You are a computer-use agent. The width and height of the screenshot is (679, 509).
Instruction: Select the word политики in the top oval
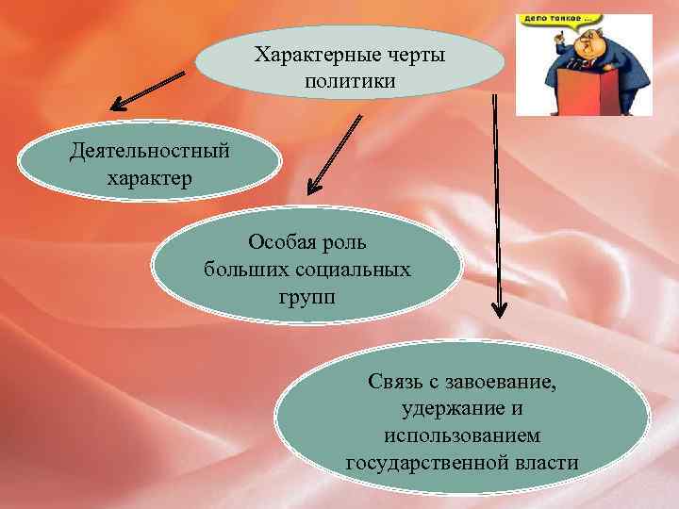350,83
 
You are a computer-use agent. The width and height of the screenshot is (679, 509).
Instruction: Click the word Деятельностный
149,151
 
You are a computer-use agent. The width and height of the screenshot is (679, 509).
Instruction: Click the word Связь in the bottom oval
397,383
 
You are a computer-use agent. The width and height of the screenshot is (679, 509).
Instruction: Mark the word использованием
462,436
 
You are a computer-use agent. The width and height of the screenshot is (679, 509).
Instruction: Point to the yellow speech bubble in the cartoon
552,20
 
